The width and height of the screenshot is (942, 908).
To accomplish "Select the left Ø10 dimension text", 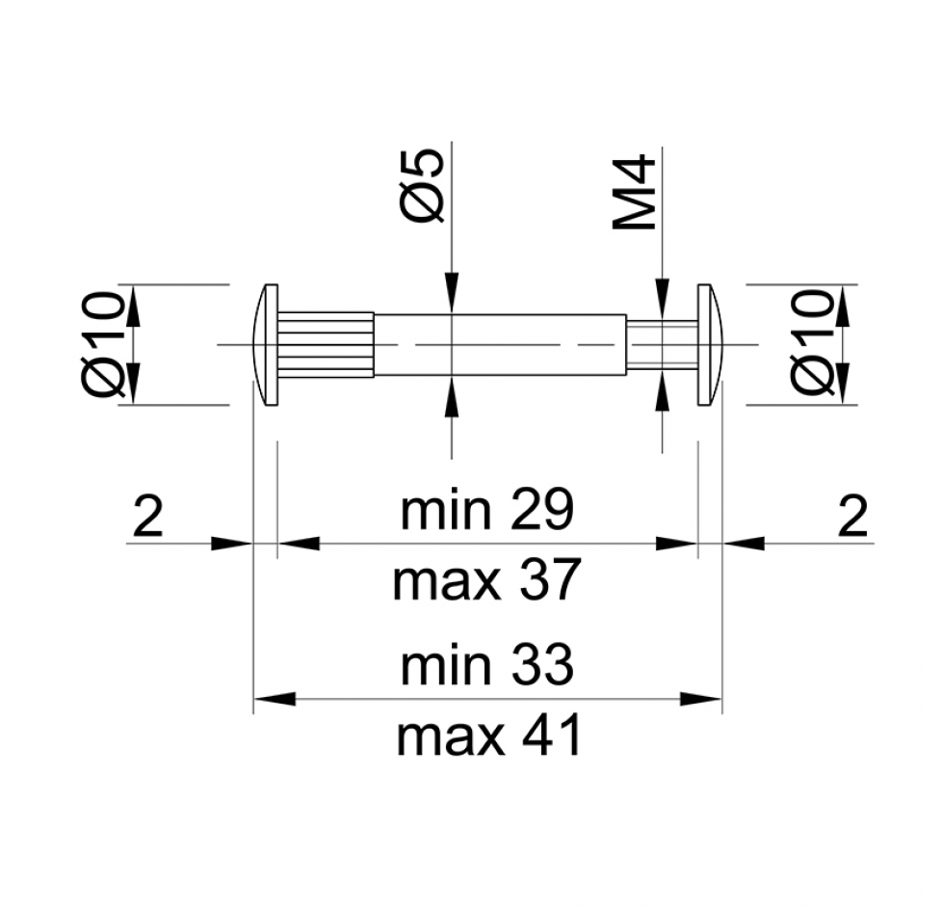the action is (x=104, y=344).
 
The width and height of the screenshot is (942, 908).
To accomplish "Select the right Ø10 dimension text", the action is (x=813, y=343).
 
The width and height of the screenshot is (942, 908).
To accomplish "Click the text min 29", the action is (x=487, y=511).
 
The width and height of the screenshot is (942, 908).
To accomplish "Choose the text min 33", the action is (x=487, y=666).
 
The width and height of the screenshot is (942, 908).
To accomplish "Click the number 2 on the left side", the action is (x=147, y=516).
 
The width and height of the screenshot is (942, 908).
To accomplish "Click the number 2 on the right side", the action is (x=853, y=516).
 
